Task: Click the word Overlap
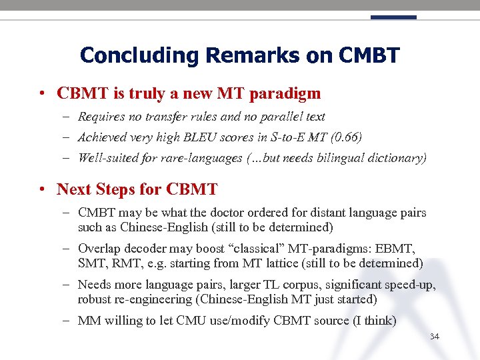pyautogui.click(x=100, y=249)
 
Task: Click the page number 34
pyautogui.click(x=435, y=337)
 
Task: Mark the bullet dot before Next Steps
pyautogui.click(x=42, y=189)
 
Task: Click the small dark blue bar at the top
pyautogui.click(x=393, y=17)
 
